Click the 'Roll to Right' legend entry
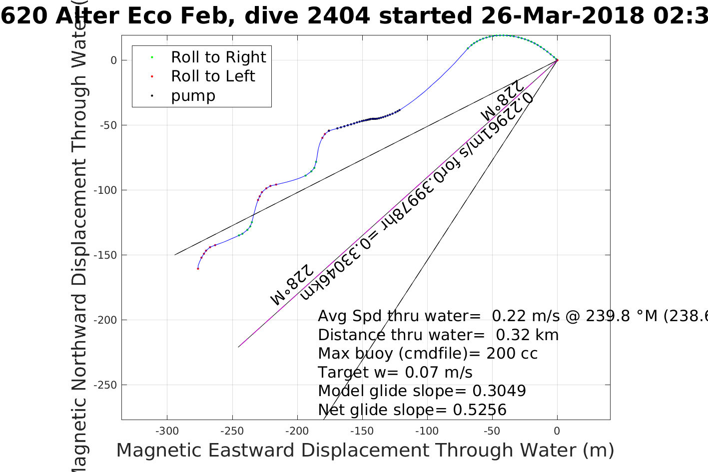pyautogui.click(x=218, y=57)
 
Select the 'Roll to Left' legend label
pyautogui.click(x=213, y=76)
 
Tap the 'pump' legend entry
pyautogui.click(x=193, y=96)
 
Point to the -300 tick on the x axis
pyautogui.click(x=167, y=431)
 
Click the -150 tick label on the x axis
pyautogui.click(x=362, y=431)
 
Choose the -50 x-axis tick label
pyautogui.click(x=492, y=431)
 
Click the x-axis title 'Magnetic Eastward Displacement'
pyautogui.click(x=272, y=451)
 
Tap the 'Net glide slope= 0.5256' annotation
pyautogui.click(x=412, y=410)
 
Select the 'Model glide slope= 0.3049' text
pyautogui.click(x=422, y=391)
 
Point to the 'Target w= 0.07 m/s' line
pyautogui.click(x=395, y=373)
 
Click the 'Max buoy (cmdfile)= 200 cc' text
pyautogui.click(x=428, y=354)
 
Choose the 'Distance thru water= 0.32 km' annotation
pyautogui.click(x=438, y=335)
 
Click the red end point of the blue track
pyautogui.click(x=198, y=269)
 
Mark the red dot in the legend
pyautogui.click(x=152, y=76)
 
